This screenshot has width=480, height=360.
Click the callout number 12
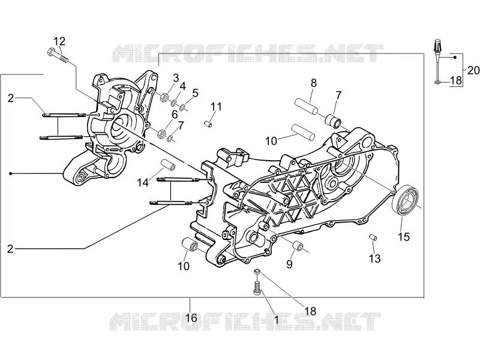coord(59,41)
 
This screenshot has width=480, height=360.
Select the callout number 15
coord(404,236)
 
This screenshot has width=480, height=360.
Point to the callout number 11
coord(216,107)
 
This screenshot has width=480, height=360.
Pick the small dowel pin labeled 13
coord(373,237)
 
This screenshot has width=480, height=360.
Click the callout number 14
coord(143,182)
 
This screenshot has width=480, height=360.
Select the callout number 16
coord(191,318)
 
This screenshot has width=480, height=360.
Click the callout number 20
coord(473,70)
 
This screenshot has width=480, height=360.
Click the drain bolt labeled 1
coord(257,289)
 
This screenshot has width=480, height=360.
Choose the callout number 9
coord(289,264)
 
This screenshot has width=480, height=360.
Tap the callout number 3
coord(176,78)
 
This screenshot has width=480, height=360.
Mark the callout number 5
coord(196,93)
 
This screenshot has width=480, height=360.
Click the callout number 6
coord(175,115)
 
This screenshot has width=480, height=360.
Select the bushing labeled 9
coord(298,246)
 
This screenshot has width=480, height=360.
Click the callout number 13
coord(374,259)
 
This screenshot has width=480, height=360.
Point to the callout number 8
coord(313,83)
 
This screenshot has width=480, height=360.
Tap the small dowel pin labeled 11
coord(208,124)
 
